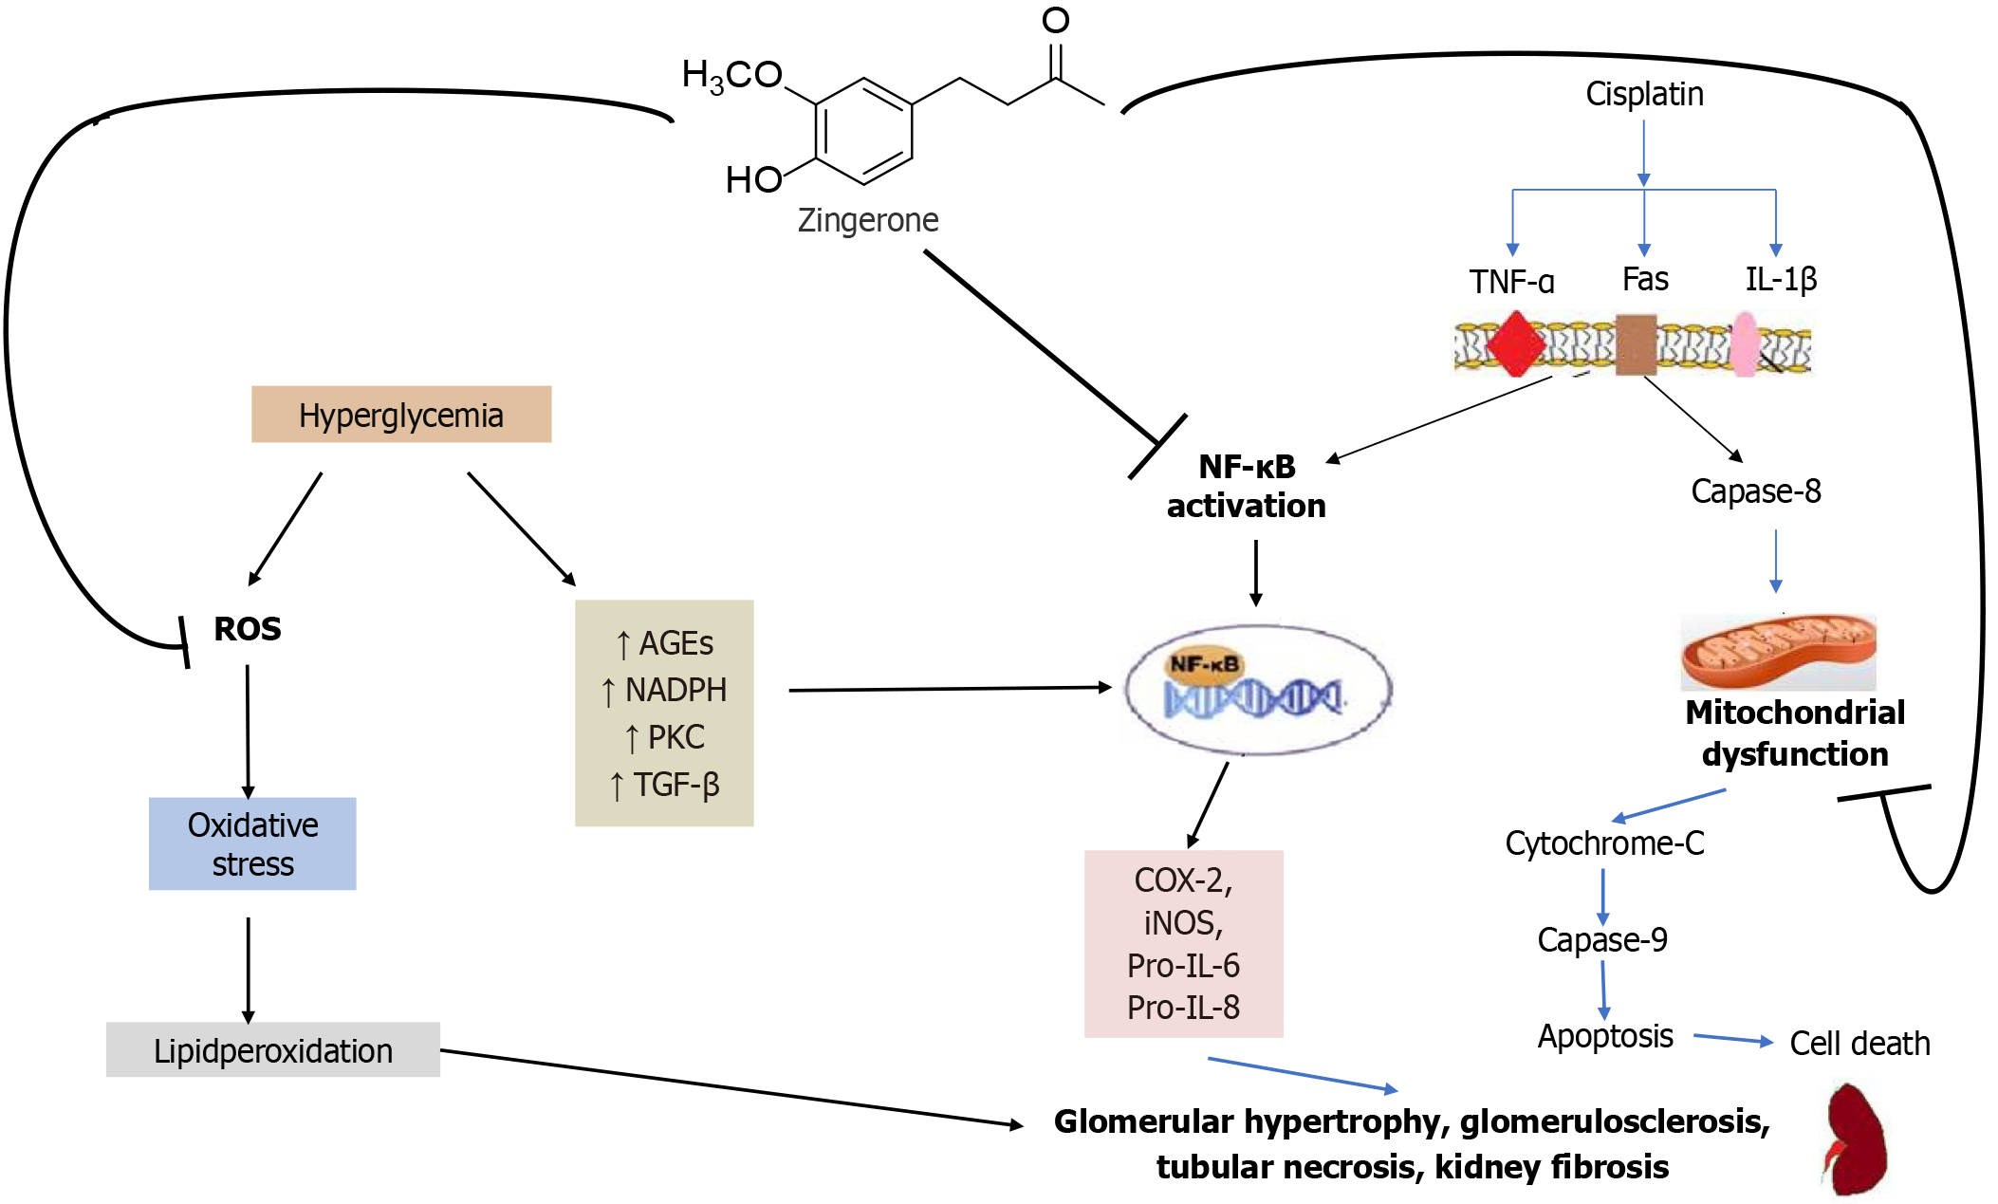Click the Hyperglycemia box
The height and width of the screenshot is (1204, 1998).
click(400, 415)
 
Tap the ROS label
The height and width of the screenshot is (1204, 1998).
click(247, 629)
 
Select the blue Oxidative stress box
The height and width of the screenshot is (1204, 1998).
click(252, 843)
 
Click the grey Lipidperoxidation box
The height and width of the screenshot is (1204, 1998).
click(272, 1050)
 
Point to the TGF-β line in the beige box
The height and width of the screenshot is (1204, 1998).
click(665, 785)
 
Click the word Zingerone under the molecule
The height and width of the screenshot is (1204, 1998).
click(867, 220)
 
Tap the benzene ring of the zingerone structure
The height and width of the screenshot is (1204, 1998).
click(863, 131)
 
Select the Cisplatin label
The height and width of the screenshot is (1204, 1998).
click(1644, 94)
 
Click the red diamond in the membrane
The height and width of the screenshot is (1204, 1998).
click(1515, 344)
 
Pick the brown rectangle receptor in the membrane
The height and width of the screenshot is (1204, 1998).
click(1636, 344)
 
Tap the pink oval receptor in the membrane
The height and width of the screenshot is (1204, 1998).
click(1744, 345)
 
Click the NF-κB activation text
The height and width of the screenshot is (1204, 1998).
click(1246, 486)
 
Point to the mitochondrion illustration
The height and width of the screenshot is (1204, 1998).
click(1778, 652)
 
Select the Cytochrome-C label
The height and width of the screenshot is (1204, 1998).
click(1604, 843)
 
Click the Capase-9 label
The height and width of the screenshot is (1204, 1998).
click(1601, 939)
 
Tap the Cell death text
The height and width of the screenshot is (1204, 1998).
click(1859, 1044)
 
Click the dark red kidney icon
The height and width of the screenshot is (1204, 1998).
click(1855, 1139)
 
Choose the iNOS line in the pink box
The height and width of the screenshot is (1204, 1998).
click(1183, 922)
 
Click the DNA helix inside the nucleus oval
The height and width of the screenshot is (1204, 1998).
click(1252, 699)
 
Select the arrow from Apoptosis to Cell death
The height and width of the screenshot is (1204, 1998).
click(1732, 1039)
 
